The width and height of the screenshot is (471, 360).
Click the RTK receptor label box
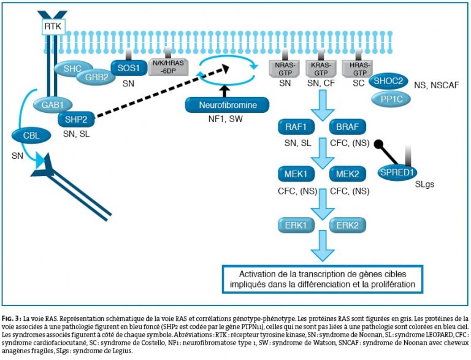(x=53, y=26)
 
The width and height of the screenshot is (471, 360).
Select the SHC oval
(x=73, y=68)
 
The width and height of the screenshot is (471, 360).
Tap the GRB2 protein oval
(x=96, y=77)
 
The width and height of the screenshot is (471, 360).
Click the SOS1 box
(x=129, y=68)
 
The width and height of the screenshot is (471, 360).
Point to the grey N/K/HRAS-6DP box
(x=169, y=67)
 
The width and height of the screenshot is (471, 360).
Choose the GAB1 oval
(x=53, y=105)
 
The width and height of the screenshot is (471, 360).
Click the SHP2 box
(x=76, y=120)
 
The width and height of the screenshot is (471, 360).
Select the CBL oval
(x=31, y=135)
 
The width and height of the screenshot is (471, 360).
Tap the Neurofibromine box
(x=228, y=105)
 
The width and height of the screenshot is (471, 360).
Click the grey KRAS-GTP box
(x=321, y=69)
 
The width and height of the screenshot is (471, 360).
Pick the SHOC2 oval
(x=388, y=81)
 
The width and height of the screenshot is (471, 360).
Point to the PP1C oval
(x=391, y=99)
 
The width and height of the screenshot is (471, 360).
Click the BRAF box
(x=348, y=127)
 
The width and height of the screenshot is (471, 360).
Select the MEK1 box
(x=296, y=174)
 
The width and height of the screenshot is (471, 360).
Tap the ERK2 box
(x=348, y=225)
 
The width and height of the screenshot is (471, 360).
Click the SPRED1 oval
(x=397, y=172)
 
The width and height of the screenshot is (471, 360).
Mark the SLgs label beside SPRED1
(x=424, y=184)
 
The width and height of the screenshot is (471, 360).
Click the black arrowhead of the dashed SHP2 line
(x=224, y=69)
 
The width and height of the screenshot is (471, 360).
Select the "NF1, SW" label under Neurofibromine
(x=226, y=119)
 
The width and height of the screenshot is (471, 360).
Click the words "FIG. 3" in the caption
(x=12, y=318)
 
